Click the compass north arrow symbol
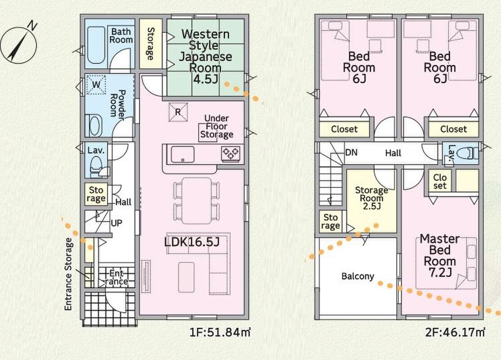(x=18, y=44)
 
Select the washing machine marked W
(x=96, y=85)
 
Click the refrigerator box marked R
(x=178, y=112)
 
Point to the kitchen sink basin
(x=183, y=155)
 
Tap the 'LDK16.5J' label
(x=192, y=242)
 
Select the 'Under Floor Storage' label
(x=217, y=126)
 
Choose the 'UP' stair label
(x=116, y=223)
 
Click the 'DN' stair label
(x=351, y=153)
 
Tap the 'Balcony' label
(x=358, y=276)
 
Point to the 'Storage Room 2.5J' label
(x=371, y=198)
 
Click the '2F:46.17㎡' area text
(x=455, y=333)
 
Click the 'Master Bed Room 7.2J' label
(x=440, y=255)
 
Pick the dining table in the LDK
(x=197, y=200)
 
